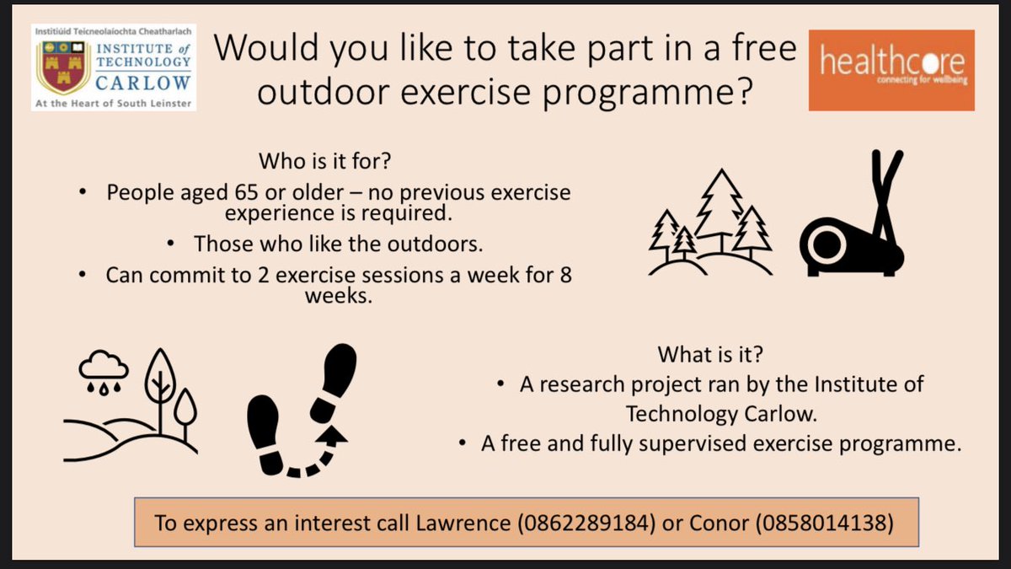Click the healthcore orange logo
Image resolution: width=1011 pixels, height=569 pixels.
(x=891, y=72)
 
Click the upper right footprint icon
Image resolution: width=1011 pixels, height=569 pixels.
(x=335, y=379)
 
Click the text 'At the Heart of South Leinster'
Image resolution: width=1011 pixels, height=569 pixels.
(x=113, y=105)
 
